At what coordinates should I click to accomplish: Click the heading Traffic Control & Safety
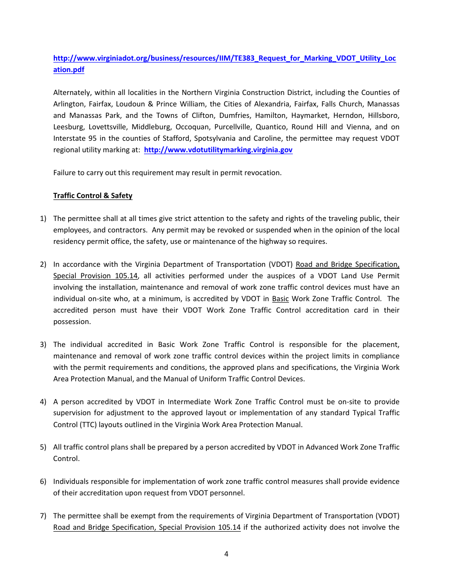pos(93,196)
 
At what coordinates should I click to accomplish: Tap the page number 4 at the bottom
pos(226,554)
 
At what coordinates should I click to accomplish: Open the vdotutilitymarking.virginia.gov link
pos(218,150)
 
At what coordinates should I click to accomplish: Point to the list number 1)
pos(43,219)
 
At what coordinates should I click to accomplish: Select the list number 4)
pos(43,402)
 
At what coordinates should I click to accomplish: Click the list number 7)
pos(43,516)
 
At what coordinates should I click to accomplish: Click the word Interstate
pos(69,138)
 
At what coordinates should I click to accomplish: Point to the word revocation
pos(264,173)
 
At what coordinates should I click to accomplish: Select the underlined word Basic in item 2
pos(280,299)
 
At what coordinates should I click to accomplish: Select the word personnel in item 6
pos(228,493)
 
